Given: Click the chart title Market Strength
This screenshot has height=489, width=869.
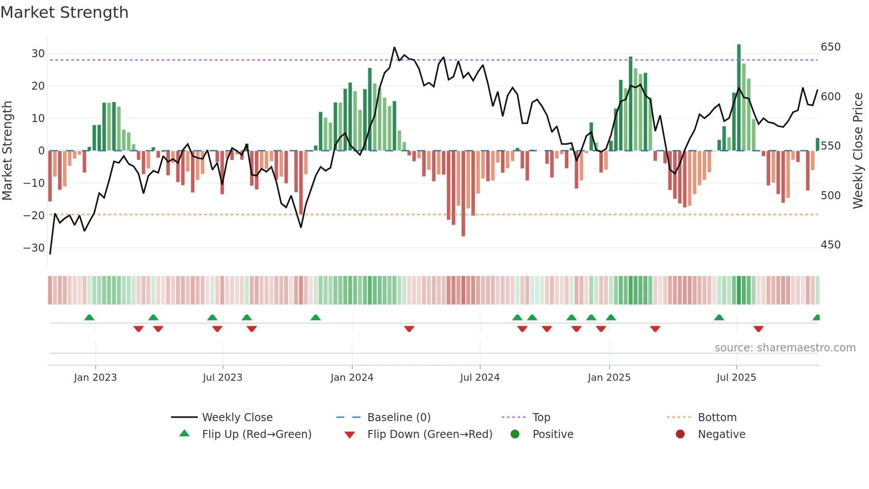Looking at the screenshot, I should click(x=64, y=12).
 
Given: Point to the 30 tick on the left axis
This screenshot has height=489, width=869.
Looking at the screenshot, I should click(x=38, y=54).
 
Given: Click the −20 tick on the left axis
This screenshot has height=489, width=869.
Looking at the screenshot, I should click(x=35, y=216).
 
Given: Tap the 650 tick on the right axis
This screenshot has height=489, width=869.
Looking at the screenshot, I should click(x=830, y=47).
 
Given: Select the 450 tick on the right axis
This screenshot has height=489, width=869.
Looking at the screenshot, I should click(x=830, y=245).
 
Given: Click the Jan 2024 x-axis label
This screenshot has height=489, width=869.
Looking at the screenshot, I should click(x=352, y=378).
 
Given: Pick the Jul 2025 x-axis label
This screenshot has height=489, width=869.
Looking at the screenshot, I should click(x=736, y=378).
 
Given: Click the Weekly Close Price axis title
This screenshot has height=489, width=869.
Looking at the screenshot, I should click(x=858, y=151).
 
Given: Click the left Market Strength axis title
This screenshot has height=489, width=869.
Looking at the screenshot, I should click(x=8, y=151).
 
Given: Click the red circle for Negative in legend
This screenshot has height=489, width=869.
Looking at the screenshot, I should click(x=680, y=434).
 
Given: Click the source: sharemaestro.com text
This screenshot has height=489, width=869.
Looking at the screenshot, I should click(x=785, y=348).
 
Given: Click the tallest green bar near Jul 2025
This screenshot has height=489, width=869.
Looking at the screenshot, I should click(x=739, y=98).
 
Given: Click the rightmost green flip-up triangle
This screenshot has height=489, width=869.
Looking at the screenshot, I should click(x=816, y=318).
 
